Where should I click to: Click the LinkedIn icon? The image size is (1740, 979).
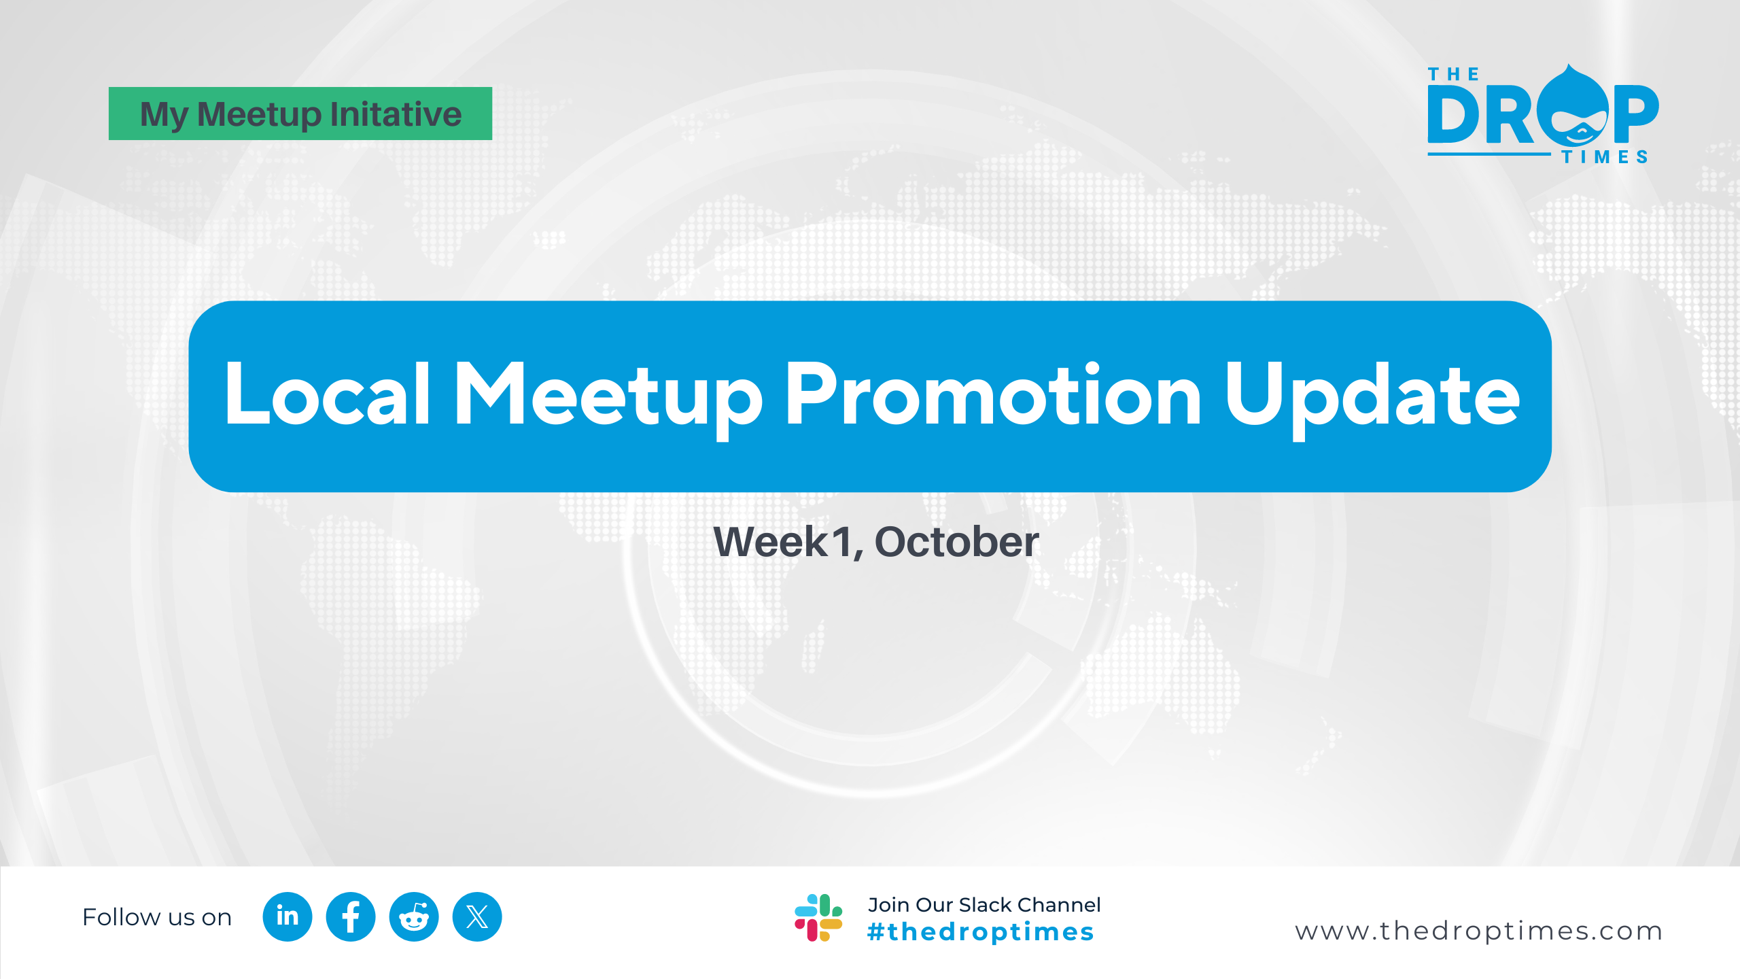[288, 916]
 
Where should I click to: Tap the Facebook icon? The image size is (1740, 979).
[351, 916]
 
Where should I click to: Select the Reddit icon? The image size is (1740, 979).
[414, 916]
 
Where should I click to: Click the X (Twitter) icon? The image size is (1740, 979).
[477, 916]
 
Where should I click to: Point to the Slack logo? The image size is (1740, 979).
[818, 917]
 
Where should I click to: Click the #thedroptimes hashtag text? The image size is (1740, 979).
[981, 931]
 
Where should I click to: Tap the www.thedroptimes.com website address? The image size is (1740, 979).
[1478, 931]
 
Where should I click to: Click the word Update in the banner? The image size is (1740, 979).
[1372, 400]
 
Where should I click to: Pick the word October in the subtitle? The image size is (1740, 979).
[957, 542]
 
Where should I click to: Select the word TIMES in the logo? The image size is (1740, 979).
[1605, 157]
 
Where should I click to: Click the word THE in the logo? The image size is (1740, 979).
[1453, 74]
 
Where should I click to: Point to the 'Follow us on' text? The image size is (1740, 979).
[157, 917]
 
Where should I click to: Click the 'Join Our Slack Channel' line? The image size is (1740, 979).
[984, 905]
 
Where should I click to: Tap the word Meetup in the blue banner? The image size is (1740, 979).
[609, 400]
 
